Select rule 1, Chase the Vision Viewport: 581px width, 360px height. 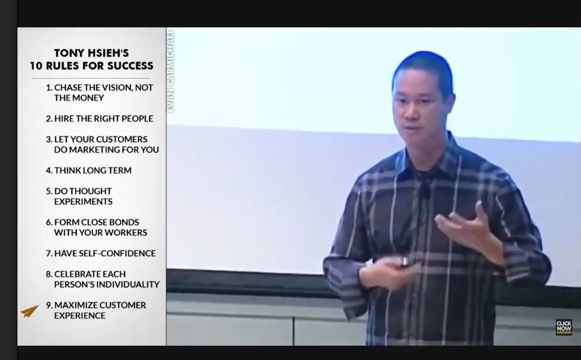[99, 93]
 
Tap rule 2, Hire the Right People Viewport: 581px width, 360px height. [99, 119]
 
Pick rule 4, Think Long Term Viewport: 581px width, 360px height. [88, 171]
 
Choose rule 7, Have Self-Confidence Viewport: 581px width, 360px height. [101, 253]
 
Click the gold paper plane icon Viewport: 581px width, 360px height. [29, 311]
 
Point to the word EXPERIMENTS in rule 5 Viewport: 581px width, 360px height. [83, 202]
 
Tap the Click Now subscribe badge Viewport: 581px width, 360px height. [564, 327]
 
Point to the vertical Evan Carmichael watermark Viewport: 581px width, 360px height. [171, 70]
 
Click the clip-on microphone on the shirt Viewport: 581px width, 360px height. [426, 191]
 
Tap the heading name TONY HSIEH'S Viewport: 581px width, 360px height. [92, 53]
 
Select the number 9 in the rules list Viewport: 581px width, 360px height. [49, 305]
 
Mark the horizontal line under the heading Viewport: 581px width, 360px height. [91, 78]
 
